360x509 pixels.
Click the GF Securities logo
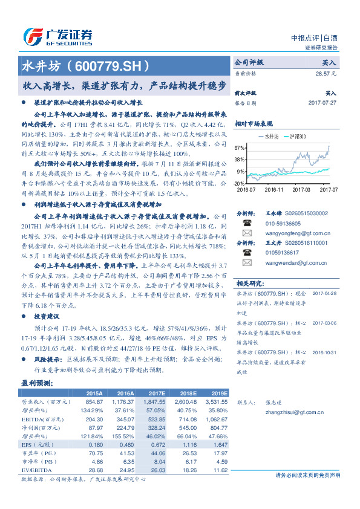(57, 36)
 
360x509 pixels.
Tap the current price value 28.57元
(326, 73)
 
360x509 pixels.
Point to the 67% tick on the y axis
(240, 148)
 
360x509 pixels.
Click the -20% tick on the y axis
(240, 183)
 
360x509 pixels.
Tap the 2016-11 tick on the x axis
(273, 189)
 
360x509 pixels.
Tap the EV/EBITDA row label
(37, 470)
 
